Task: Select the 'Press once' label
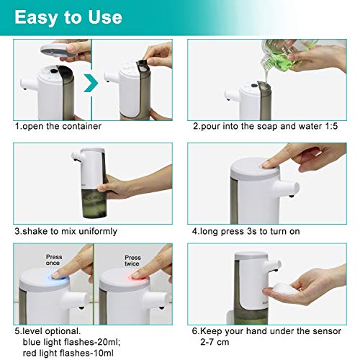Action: click(54, 260)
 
